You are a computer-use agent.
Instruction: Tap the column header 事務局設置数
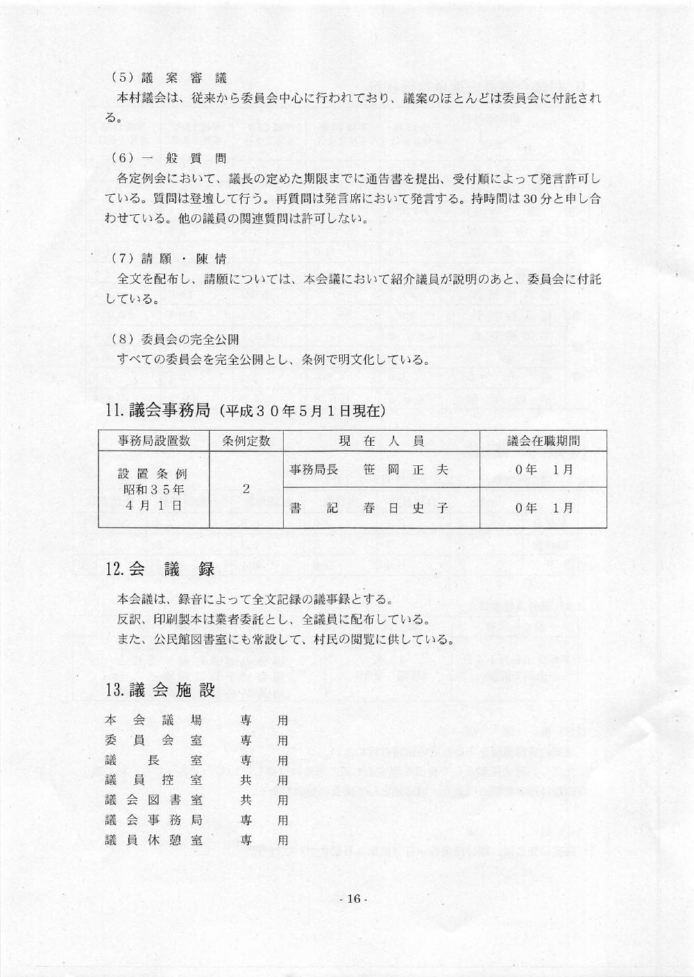(x=154, y=441)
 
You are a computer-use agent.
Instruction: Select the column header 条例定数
(x=246, y=441)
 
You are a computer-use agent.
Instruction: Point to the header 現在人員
(x=381, y=441)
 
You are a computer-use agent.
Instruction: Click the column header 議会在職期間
(x=543, y=441)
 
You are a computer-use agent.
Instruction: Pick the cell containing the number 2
(x=246, y=489)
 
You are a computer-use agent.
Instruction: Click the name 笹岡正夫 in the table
(x=406, y=470)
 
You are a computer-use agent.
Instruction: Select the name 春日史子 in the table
(x=406, y=508)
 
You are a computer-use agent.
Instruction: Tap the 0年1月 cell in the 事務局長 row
(x=544, y=470)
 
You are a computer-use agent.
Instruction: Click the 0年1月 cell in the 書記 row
(x=544, y=508)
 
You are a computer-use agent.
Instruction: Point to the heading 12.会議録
(x=160, y=569)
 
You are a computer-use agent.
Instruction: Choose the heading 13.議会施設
(x=160, y=690)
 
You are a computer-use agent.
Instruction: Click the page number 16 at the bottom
(x=353, y=899)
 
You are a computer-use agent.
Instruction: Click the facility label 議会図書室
(x=153, y=800)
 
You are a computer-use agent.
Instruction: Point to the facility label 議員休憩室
(x=153, y=840)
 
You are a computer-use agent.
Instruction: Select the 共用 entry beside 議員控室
(x=264, y=780)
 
